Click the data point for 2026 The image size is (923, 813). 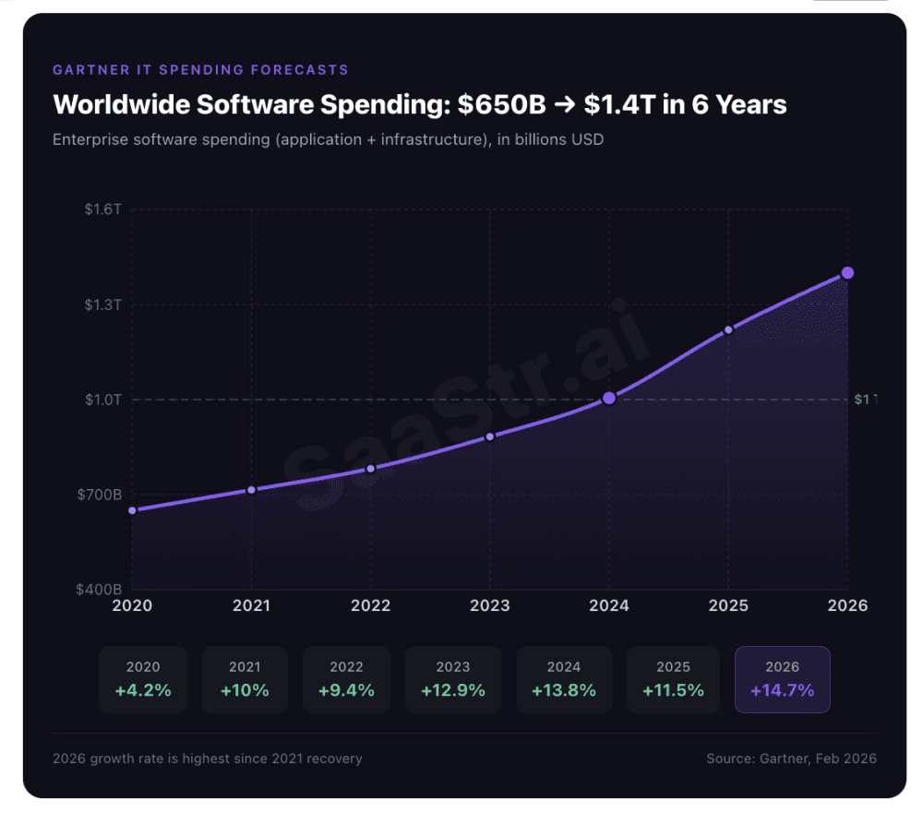(x=847, y=273)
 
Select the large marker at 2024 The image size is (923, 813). (x=609, y=398)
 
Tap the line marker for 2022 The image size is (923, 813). (x=371, y=469)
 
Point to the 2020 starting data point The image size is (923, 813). (x=132, y=510)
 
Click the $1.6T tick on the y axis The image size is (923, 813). (x=103, y=209)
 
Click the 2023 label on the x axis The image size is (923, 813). (x=490, y=605)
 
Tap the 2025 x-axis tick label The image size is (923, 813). (x=728, y=605)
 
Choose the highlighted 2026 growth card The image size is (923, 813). (x=782, y=679)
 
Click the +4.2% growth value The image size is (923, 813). (x=143, y=690)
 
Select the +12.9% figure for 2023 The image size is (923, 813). (x=452, y=690)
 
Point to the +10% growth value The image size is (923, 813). (x=245, y=690)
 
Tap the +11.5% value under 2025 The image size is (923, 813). (x=673, y=690)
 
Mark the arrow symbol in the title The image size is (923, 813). (x=558, y=104)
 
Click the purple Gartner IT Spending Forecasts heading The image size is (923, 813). (x=200, y=69)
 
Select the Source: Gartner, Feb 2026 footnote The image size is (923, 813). (x=791, y=759)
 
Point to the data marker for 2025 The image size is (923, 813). (x=728, y=329)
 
